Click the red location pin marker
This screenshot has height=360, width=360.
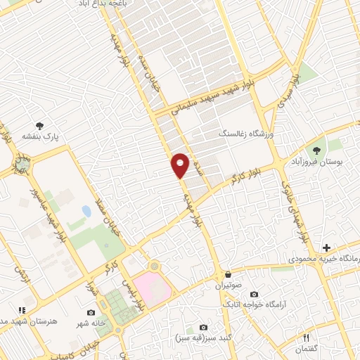pos(180,165)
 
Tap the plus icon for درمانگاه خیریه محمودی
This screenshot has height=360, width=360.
pos(326,247)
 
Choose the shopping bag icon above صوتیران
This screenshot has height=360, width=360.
pos(227,274)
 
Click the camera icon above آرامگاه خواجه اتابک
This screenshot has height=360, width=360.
pos(254,293)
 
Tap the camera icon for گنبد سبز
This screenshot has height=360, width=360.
pos(204,328)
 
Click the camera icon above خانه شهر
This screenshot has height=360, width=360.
pos(90,312)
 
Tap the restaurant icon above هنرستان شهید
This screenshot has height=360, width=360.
pos(22,309)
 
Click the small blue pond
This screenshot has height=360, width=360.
pos(86,211)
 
